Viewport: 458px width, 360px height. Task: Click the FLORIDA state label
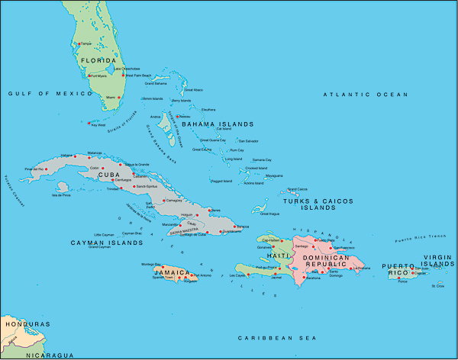click(99, 60)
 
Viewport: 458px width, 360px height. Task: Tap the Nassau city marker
click(177, 116)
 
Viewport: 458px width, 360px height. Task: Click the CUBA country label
click(110, 174)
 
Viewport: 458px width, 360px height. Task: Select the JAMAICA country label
click(173, 271)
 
